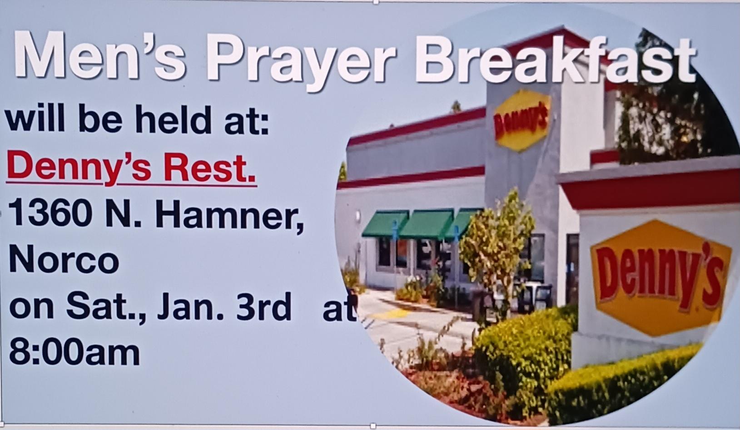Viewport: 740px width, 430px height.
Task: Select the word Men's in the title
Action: click(99, 55)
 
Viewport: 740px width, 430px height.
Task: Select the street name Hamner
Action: click(228, 216)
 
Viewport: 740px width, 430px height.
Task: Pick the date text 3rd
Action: click(264, 307)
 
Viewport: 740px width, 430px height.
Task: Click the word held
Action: click(174, 119)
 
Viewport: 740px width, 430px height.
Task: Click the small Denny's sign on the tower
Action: click(522, 120)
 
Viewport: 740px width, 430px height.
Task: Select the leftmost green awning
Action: click(385, 224)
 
